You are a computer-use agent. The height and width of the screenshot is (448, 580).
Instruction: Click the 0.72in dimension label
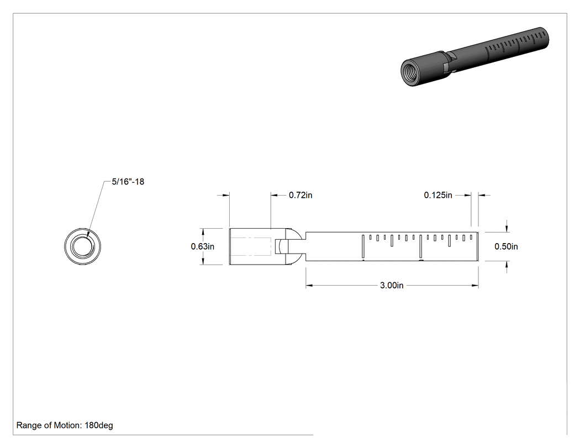click(300, 195)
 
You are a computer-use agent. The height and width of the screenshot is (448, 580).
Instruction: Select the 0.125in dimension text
click(438, 195)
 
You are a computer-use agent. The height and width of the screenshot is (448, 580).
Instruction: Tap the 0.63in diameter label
click(202, 246)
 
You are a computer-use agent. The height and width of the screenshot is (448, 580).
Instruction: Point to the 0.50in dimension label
click(506, 246)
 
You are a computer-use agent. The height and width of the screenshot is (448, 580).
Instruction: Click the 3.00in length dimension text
click(392, 286)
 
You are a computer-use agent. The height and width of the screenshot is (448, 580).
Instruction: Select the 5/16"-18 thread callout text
click(128, 182)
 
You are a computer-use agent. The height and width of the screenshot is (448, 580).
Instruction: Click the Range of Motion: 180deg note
click(65, 425)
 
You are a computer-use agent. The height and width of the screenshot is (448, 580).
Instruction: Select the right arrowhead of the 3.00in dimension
click(474, 286)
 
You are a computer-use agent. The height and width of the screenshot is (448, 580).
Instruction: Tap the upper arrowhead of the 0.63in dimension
click(203, 232)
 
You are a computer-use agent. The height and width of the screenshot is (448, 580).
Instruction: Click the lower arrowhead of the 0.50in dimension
click(507, 265)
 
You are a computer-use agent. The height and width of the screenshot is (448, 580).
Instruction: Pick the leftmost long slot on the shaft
click(363, 246)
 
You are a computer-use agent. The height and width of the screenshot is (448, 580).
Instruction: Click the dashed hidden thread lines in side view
click(251, 246)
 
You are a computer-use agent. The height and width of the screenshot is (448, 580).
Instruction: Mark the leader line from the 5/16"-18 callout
click(96, 209)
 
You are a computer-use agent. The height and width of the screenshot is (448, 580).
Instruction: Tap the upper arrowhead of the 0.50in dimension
click(507, 228)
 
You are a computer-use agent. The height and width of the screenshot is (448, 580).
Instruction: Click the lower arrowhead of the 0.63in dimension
click(203, 261)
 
